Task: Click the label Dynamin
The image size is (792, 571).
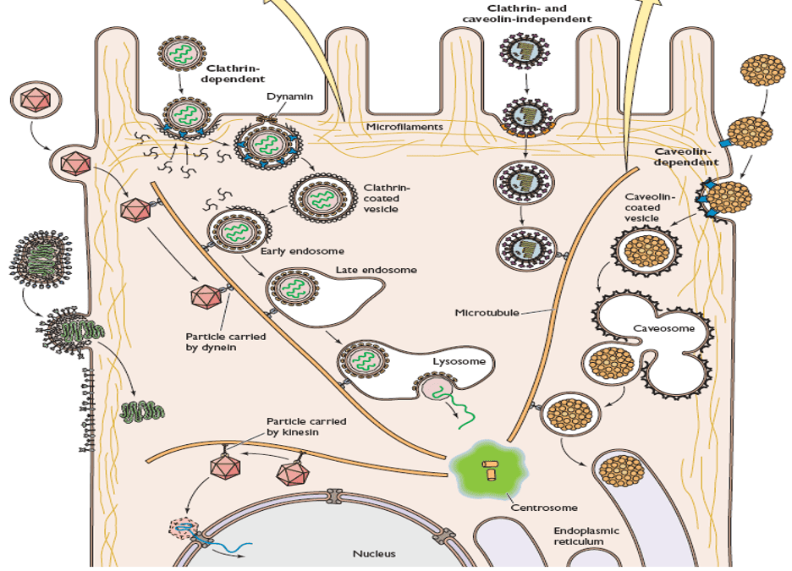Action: (x=289, y=96)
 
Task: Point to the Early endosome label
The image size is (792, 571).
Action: (x=292, y=250)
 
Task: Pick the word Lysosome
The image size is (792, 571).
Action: (x=459, y=361)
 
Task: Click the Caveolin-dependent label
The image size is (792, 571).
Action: (x=686, y=156)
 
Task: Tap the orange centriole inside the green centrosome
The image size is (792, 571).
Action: (x=490, y=469)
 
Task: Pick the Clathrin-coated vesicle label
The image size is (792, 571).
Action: (x=386, y=198)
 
